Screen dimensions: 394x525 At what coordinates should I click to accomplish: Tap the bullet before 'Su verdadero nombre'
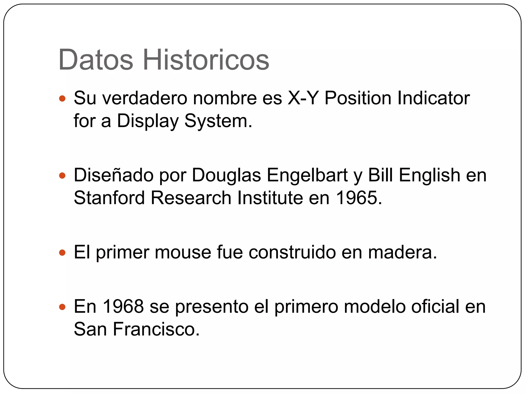[62, 98]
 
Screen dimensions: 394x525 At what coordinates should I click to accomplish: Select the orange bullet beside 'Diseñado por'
[62, 176]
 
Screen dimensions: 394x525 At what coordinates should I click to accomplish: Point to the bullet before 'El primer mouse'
[62, 253]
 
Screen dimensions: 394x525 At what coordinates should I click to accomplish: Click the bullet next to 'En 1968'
[62, 307]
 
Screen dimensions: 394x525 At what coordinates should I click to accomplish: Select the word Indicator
[433, 98]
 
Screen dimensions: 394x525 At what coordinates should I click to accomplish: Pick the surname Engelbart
[307, 175]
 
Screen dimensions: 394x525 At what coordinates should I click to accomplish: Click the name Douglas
[226, 176]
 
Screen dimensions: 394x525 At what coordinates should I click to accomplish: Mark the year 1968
[123, 306]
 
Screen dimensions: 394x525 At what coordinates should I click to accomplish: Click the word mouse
[183, 252]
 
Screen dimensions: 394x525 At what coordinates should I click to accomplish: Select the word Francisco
[156, 329]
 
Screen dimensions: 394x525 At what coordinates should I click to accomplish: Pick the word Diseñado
[114, 175]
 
